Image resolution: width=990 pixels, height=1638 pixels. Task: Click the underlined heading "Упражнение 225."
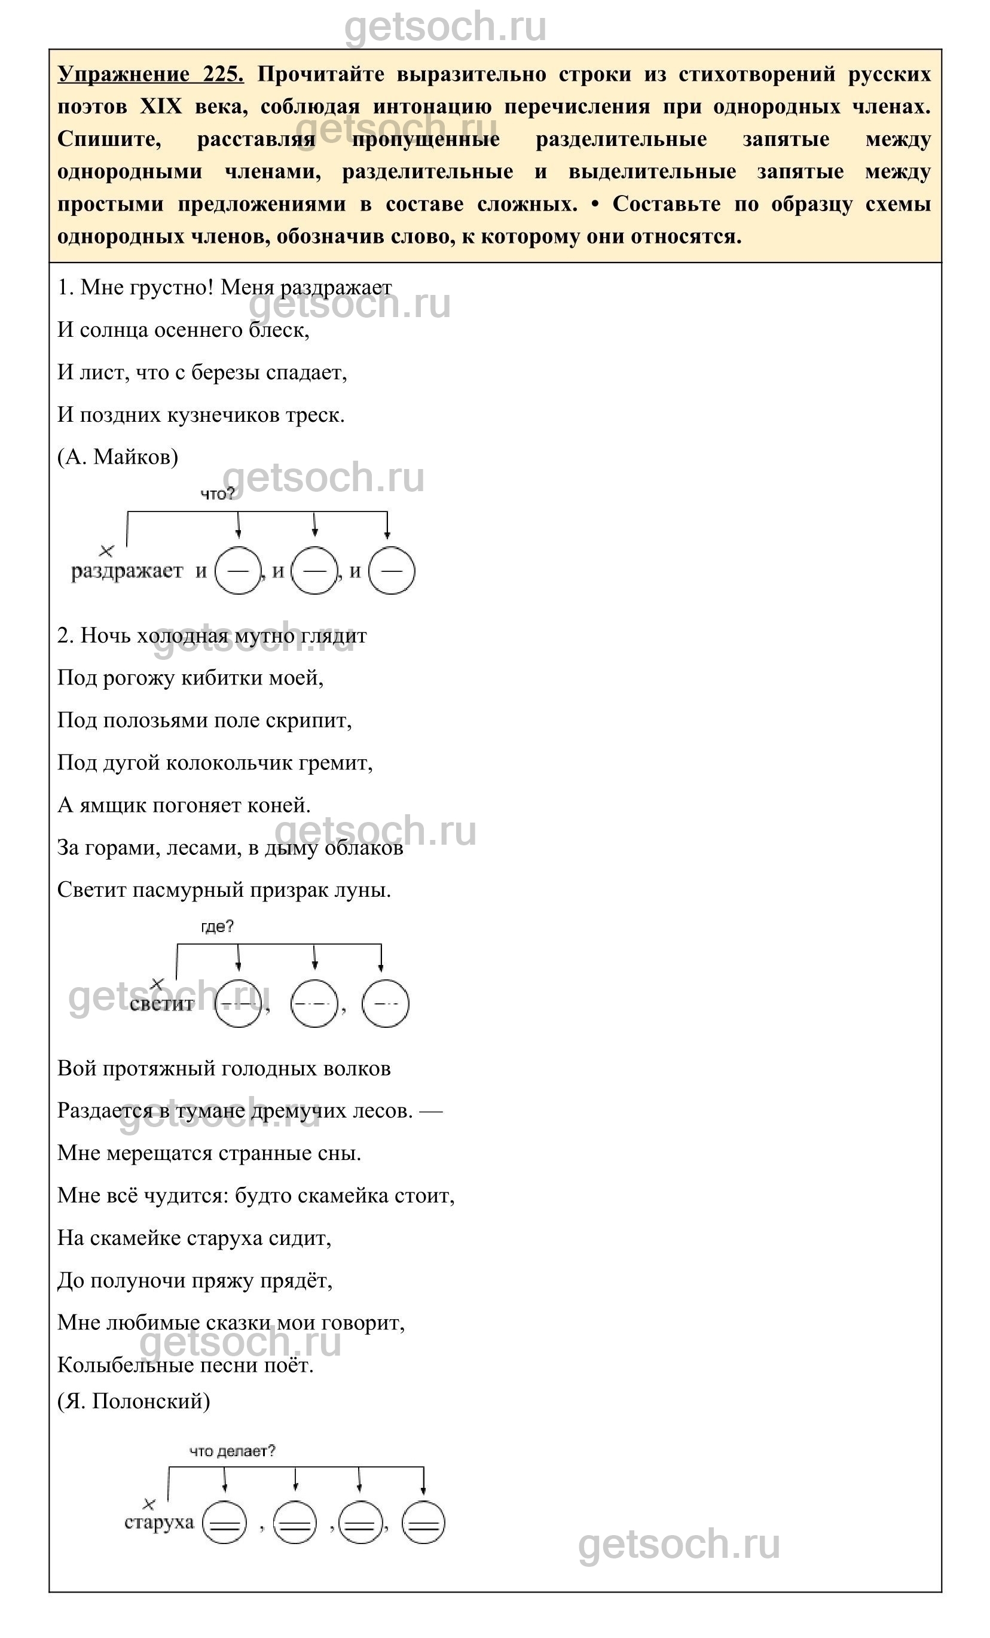click(x=151, y=74)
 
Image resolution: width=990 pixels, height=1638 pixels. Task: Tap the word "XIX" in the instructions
click(x=161, y=106)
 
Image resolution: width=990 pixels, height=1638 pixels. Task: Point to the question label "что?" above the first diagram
click(x=217, y=494)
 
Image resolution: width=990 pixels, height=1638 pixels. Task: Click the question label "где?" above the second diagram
click(x=217, y=926)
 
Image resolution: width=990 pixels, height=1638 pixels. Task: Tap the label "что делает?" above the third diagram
click(x=233, y=1451)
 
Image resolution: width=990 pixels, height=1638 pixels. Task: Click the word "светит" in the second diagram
click(x=161, y=1004)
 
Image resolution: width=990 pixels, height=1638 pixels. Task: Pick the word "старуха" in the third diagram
click(x=159, y=1523)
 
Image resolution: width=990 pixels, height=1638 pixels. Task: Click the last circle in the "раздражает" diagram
click(x=392, y=570)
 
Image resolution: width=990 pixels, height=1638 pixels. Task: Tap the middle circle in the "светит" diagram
click(x=314, y=1003)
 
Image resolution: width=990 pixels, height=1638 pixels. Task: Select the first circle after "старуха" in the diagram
click(x=224, y=1523)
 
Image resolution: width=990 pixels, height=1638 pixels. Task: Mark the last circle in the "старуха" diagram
click(x=423, y=1523)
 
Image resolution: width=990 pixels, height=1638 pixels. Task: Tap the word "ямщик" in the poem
click(x=113, y=805)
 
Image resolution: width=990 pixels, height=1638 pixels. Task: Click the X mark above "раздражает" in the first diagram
click(x=106, y=551)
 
